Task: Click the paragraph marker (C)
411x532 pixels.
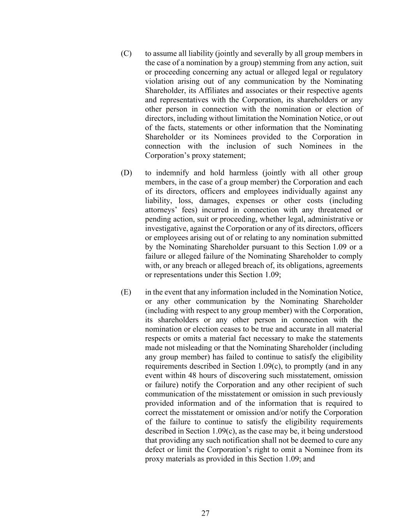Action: click(x=126, y=53)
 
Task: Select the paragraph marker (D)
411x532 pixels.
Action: click(x=126, y=173)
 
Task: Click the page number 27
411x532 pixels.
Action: click(x=206, y=513)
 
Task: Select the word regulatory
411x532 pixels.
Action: click(x=346, y=72)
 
